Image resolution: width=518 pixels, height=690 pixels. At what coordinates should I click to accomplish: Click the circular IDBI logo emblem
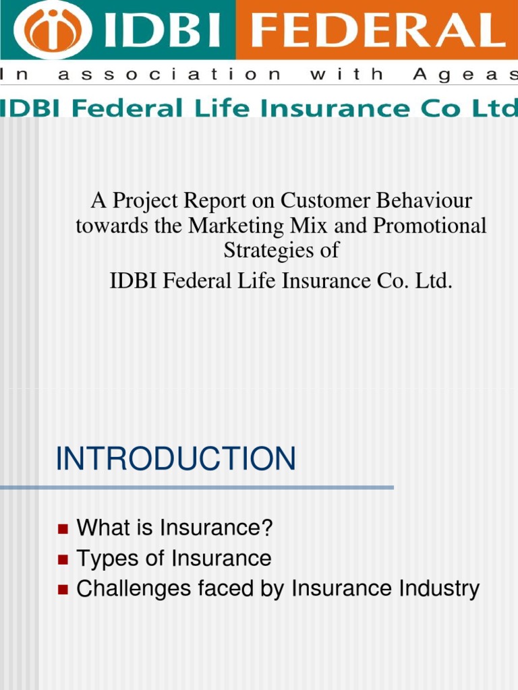tap(53, 30)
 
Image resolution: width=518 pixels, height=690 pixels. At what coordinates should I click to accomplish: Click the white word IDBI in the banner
tap(162, 30)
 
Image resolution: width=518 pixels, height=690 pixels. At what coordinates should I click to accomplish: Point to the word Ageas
tap(465, 74)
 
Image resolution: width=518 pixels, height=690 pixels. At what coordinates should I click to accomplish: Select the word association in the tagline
tap(169, 73)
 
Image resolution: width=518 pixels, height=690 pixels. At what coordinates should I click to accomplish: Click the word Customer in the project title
tap(325, 200)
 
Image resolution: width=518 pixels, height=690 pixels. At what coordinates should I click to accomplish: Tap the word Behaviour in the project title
tap(424, 200)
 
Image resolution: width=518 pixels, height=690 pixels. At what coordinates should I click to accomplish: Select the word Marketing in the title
tap(236, 225)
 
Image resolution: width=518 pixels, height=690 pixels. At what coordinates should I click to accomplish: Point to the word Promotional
tap(430, 225)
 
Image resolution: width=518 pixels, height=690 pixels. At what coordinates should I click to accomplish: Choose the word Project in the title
tap(146, 201)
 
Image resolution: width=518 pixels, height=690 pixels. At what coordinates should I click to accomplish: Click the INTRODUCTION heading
tap(176, 458)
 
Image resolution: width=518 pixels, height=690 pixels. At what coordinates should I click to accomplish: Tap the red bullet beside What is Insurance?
tap(63, 528)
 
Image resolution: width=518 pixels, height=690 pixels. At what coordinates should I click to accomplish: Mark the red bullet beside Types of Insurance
tap(63, 559)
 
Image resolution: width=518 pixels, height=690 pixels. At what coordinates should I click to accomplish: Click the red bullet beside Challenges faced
tap(63, 590)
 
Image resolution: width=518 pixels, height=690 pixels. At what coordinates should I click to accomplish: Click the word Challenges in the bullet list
tap(134, 590)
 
